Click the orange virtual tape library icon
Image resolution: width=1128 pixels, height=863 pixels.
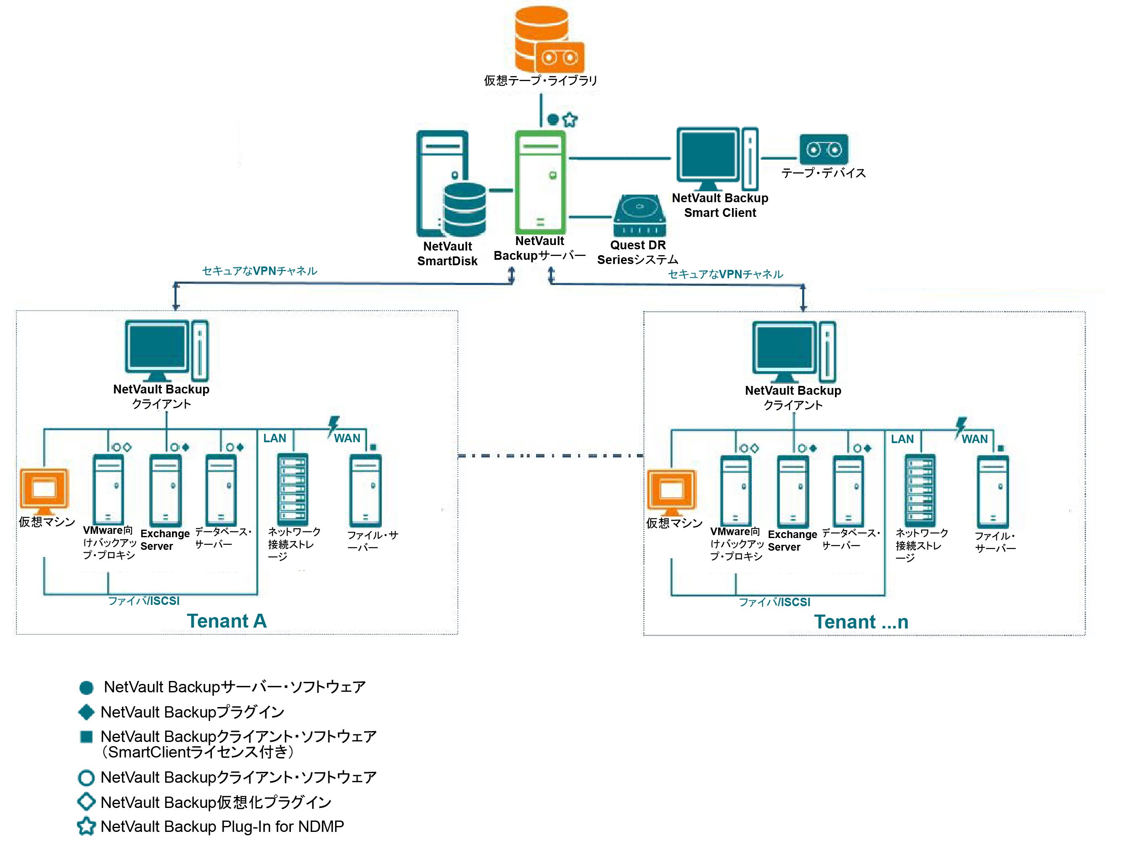point(548,40)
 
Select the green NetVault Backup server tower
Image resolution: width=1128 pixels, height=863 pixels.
point(540,182)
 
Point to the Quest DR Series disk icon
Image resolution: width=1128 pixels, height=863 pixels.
point(639,216)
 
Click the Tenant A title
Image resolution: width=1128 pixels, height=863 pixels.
point(227,621)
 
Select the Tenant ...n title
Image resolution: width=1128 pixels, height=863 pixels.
point(861,622)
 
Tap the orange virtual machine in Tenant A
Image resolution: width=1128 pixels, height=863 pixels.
point(44,491)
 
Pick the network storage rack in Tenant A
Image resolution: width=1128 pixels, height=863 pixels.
point(293,489)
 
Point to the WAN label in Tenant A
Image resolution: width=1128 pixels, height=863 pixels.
point(347,438)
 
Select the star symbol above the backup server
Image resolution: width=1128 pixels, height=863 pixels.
point(570,120)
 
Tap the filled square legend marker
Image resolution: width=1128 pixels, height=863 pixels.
point(86,736)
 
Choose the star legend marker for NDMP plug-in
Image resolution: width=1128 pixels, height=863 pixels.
point(86,826)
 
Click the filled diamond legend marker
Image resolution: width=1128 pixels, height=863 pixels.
point(86,712)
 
